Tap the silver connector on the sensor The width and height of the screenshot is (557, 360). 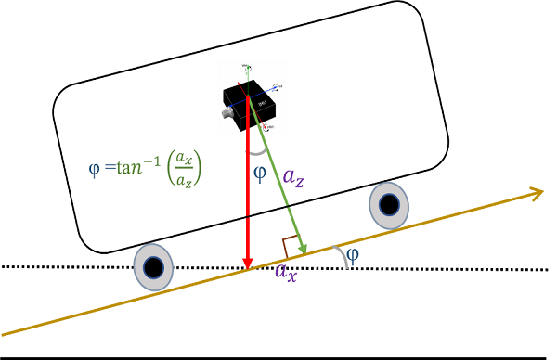click(x=225, y=116)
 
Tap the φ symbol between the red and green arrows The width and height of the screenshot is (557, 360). click(x=259, y=173)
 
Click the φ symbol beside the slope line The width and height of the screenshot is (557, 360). click(x=353, y=253)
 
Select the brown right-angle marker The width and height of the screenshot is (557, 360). click(x=291, y=248)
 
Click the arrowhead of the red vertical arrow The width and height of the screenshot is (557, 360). click(x=248, y=262)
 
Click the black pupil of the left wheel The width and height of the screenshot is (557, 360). click(x=153, y=265)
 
